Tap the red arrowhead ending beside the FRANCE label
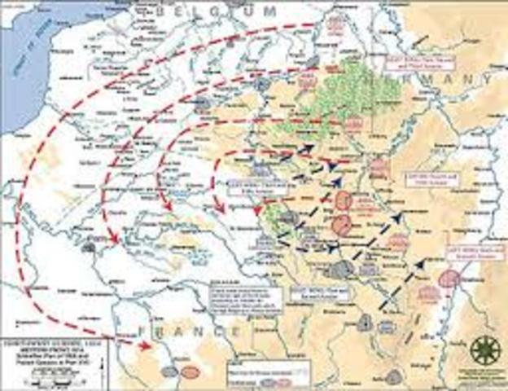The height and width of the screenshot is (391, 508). (147, 346)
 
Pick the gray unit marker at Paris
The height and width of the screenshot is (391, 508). (99, 242)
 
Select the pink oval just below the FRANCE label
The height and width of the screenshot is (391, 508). (190, 371)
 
